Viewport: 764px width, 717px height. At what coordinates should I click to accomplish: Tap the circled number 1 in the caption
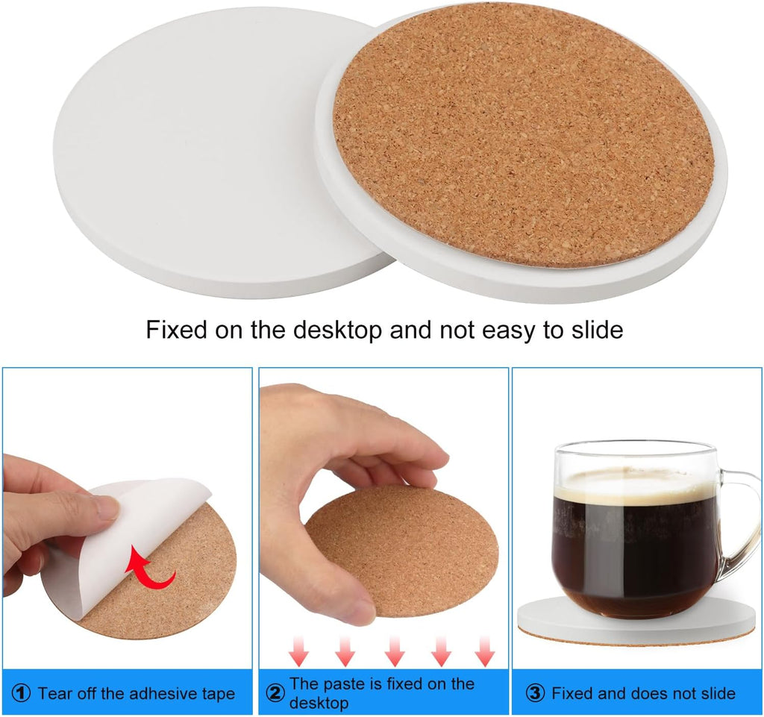pyautogui.click(x=22, y=694)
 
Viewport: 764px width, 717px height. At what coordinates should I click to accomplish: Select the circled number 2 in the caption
pyautogui.click(x=275, y=694)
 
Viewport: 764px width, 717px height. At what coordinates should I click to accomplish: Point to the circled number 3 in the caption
pyautogui.click(x=535, y=694)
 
